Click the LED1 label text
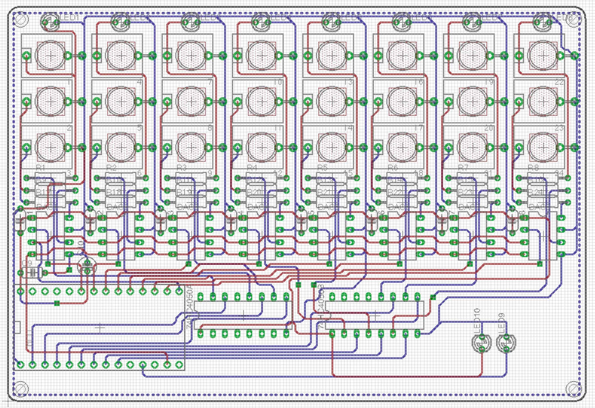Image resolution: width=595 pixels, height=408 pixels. point(70,17)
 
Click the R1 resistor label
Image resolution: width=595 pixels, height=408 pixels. point(41,168)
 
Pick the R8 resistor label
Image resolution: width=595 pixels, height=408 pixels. point(533,168)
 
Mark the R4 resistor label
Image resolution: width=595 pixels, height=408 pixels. point(252,168)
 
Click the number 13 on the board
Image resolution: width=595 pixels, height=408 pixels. point(348,82)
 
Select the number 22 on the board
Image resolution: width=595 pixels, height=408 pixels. point(559,82)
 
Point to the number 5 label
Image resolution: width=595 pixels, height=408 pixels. point(139,128)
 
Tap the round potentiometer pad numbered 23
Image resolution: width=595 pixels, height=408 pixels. point(543,147)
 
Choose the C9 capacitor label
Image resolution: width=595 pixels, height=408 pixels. point(27,263)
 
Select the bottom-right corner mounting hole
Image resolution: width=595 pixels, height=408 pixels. point(573,388)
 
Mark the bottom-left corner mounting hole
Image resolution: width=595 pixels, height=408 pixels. point(20,388)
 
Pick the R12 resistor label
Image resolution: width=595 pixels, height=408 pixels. point(254,180)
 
